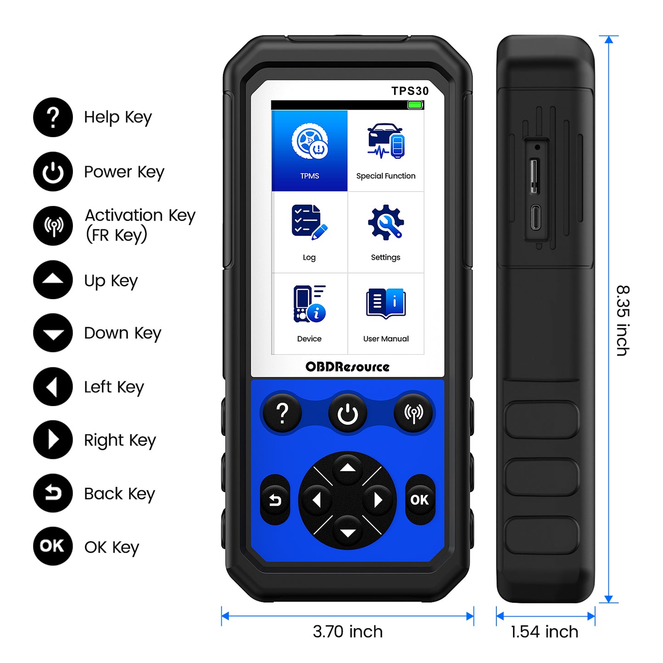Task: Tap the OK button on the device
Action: click(419, 500)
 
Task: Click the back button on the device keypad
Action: click(275, 500)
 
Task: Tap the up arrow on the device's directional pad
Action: click(348, 468)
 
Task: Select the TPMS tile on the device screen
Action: click(310, 150)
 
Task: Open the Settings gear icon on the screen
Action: click(386, 223)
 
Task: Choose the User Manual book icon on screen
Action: click(386, 303)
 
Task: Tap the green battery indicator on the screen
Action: click(415, 105)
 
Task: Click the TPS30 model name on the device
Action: click(410, 91)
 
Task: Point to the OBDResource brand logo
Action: click(347, 367)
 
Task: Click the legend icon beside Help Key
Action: click(53, 117)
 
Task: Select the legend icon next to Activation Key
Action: click(53, 226)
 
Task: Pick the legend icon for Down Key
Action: click(53, 333)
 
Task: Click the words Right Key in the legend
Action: click(120, 440)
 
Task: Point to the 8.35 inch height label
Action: click(623, 320)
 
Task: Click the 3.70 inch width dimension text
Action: click(347, 632)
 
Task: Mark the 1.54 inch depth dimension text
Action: click(544, 632)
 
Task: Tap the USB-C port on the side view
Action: click(535, 217)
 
